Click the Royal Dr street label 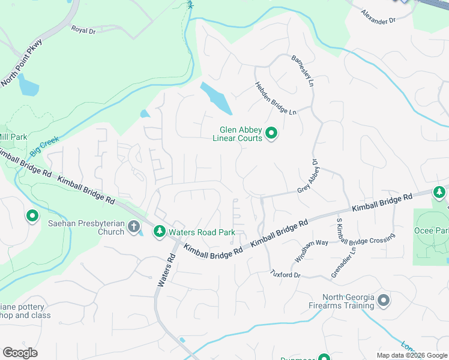point(83,29)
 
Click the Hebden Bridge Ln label point(276,99)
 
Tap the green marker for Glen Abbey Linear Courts point(271,133)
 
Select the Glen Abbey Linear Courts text point(241,133)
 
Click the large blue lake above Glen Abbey point(216,98)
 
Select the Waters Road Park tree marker point(159,231)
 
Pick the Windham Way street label point(311,251)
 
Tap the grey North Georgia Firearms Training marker point(384,301)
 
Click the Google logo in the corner point(20,352)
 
